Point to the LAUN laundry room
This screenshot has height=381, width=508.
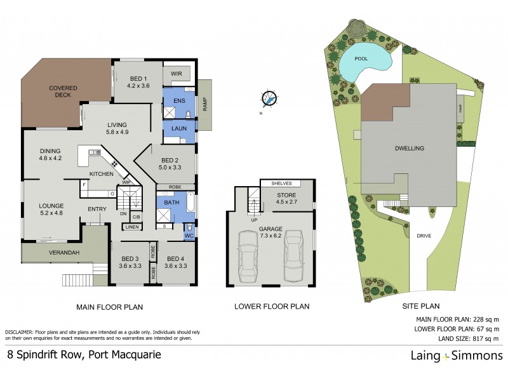[x=178, y=129]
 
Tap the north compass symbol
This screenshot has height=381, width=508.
[x=269, y=99]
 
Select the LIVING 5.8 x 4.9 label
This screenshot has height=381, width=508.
[x=117, y=128]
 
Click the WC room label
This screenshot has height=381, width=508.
[x=189, y=235]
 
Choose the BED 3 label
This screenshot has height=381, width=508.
[x=130, y=262]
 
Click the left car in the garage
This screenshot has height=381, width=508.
[x=248, y=257]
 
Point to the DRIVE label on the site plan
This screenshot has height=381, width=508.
[x=425, y=236]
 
